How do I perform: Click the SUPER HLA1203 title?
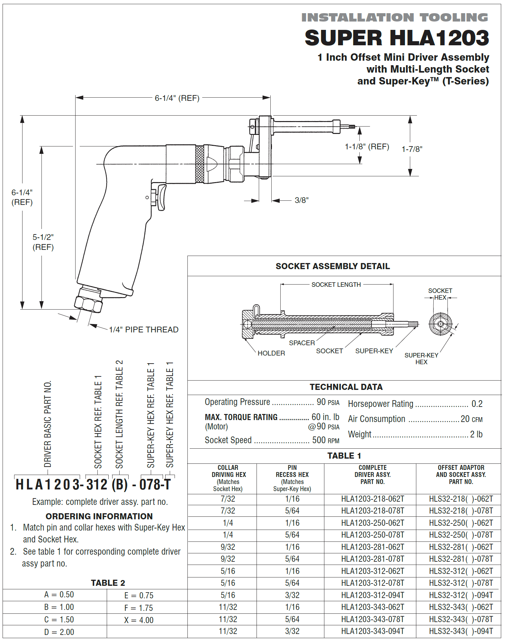coord(397,38)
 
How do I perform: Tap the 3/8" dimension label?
coord(301,200)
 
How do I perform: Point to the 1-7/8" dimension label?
coord(412,149)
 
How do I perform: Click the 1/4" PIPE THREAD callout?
coord(143,330)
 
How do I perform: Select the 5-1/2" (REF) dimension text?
coord(43,242)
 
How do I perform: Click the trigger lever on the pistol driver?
coord(161,197)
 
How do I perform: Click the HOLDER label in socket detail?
coord(271,353)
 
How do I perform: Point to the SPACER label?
coord(302,343)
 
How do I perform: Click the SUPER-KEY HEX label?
coord(421,358)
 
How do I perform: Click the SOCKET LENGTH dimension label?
coord(336,285)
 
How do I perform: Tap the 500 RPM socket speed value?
coord(325,440)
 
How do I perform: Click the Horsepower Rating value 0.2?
coord(477,404)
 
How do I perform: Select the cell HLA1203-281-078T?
coord(372,559)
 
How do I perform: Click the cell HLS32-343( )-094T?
coord(461,631)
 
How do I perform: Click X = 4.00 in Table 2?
coord(139,620)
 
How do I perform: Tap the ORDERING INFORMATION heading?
coord(99,516)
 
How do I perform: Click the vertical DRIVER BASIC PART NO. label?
coord(48,424)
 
